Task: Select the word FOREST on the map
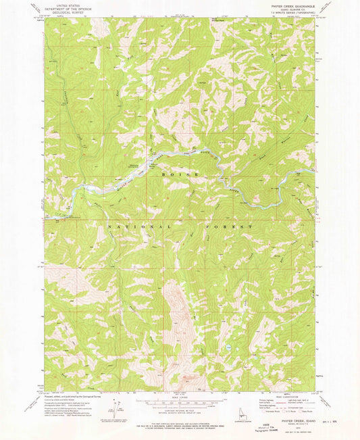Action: pyautogui.click(x=231, y=227)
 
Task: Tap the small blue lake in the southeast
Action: pyautogui.click(x=230, y=346)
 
